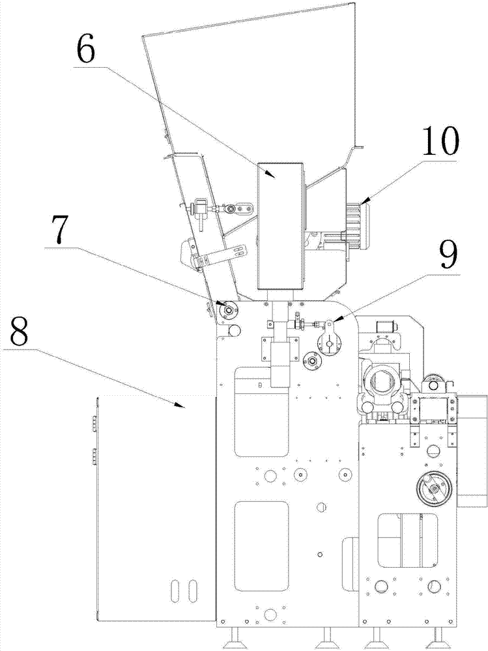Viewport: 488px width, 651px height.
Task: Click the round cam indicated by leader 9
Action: pyautogui.click(x=330, y=339)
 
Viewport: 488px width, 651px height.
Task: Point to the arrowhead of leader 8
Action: pyautogui.click(x=179, y=408)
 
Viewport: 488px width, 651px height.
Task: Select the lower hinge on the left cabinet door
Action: pyautogui.click(x=93, y=457)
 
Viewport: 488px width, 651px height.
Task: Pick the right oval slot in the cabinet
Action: pyautogui.click(x=191, y=591)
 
